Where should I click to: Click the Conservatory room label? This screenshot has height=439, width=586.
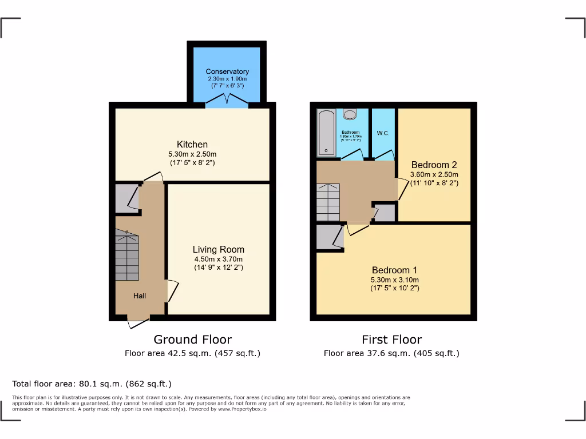(227, 71)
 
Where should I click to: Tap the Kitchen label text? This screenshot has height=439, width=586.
(192, 145)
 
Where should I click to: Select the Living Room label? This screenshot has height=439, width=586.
(218, 249)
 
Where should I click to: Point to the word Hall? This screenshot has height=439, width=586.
(140, 296)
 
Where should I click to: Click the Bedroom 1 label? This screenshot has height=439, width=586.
(394, 270)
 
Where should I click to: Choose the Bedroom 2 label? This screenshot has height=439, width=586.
(434, 165)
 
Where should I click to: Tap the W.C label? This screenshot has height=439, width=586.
(382, 133)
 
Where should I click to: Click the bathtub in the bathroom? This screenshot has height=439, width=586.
(327, 133)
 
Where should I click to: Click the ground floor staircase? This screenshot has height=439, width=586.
(127, 255)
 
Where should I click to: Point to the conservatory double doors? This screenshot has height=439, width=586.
(227, 102)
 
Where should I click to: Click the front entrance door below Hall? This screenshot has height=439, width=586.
(138, 322)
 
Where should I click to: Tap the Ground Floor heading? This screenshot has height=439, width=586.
(192, 340)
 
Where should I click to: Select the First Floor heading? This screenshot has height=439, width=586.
(391, 340)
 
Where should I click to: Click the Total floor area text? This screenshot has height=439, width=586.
(92, 384)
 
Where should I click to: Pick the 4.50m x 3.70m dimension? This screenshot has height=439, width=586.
(218, 259)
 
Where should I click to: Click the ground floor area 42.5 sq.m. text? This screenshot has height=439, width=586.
(192, 353)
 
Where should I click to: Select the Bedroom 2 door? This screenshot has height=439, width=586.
(403, 189)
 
